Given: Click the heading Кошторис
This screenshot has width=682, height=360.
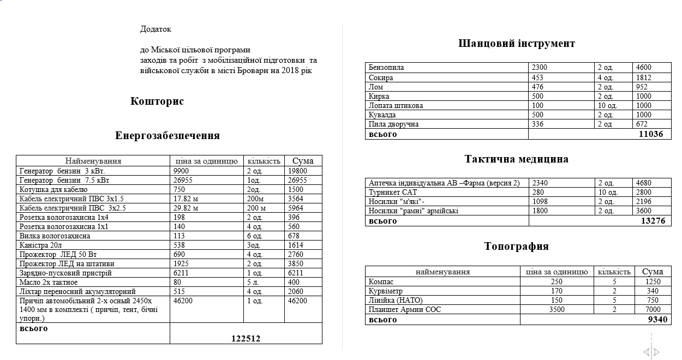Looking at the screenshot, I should pyautogui.click(x=157, y=101).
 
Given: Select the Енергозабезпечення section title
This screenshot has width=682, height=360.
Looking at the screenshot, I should pyautogui.click(x=167, y=136).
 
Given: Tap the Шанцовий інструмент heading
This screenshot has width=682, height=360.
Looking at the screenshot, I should pyautogui.click(x=517, y=44).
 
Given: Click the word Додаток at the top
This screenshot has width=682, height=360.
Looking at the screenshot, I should pyautogui.click(x=155, y=29).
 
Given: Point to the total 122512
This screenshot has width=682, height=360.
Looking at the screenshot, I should pyautogui.click(x=246, y=339).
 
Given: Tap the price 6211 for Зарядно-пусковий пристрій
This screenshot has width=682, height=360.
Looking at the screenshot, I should pyautogui.click(x=182, y=273).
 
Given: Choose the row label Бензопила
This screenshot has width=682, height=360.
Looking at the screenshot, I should pyautogui.click(x=386, y=68).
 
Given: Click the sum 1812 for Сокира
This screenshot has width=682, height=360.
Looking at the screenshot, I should pyautogui.click(x=644, y=77).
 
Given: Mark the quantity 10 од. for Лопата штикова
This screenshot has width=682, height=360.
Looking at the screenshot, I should pyautogui.click(x=609, y=105).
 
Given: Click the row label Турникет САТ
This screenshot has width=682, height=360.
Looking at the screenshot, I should pyautogui.click(x=393, y=192).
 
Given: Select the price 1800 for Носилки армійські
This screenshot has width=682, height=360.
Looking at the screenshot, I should pyautogui.click(x=540, y=211).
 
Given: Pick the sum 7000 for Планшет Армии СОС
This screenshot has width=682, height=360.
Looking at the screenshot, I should pyautogui.click(x=653, y=310).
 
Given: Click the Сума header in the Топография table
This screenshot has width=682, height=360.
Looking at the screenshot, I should pyautogui.click(x=653, y=272).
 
